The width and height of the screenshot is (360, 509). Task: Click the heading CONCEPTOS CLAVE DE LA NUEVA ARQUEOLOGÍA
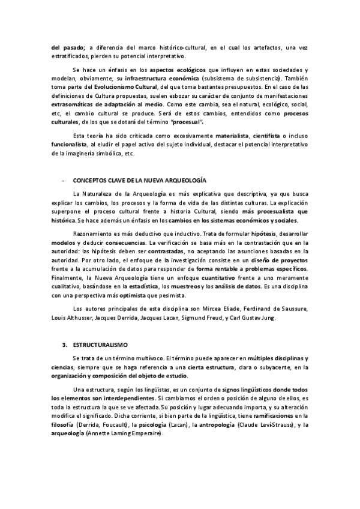click(139, 180)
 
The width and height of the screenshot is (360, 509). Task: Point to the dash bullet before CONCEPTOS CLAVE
click(64, 180)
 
